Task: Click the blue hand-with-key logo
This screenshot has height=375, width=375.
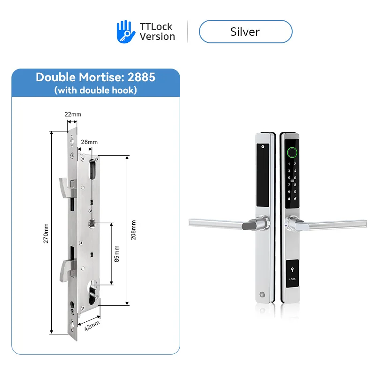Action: tap(125, 32)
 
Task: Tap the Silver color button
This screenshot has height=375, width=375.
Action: tap(245, 32)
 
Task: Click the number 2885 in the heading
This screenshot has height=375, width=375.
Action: tap(141, 77)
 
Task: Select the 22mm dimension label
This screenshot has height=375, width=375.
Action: tap(73, 114)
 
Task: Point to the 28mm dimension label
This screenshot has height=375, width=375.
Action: tap(89, 142)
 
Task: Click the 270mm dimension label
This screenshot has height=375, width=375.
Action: tap(46, 233)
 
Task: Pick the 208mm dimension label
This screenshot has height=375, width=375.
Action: tap(133, 230)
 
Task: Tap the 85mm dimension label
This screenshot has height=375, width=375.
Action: tap(117, 254)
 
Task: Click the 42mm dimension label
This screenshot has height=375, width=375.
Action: tap(92, 326)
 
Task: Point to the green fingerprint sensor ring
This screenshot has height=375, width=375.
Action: tap(292, 152)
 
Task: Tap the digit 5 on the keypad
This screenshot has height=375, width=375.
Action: tap(289, 178)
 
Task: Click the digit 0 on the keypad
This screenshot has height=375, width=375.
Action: tap(295, 191)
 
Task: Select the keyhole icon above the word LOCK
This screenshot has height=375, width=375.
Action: tap(292, 270)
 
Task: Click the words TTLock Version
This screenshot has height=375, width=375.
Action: tap(157, 32)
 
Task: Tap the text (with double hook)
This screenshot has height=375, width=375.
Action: tap(95, 90)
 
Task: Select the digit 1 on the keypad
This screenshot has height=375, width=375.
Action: tap(289, 164)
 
